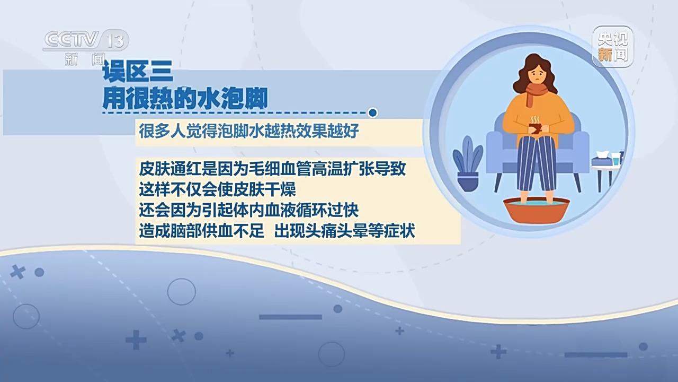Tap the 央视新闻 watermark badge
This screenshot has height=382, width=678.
coord(612,45)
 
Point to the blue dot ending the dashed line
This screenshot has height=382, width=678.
coord(373,112)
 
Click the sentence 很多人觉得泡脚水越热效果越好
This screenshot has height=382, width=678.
coord(249,132)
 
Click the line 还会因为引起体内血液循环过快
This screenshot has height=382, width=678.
coord(249,210)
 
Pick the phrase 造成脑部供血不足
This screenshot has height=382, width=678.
coord(201,232)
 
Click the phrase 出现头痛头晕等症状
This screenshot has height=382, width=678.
coord(344,232)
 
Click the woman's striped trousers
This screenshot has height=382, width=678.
coord(535,164)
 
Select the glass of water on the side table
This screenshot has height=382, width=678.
coord(615,158)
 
